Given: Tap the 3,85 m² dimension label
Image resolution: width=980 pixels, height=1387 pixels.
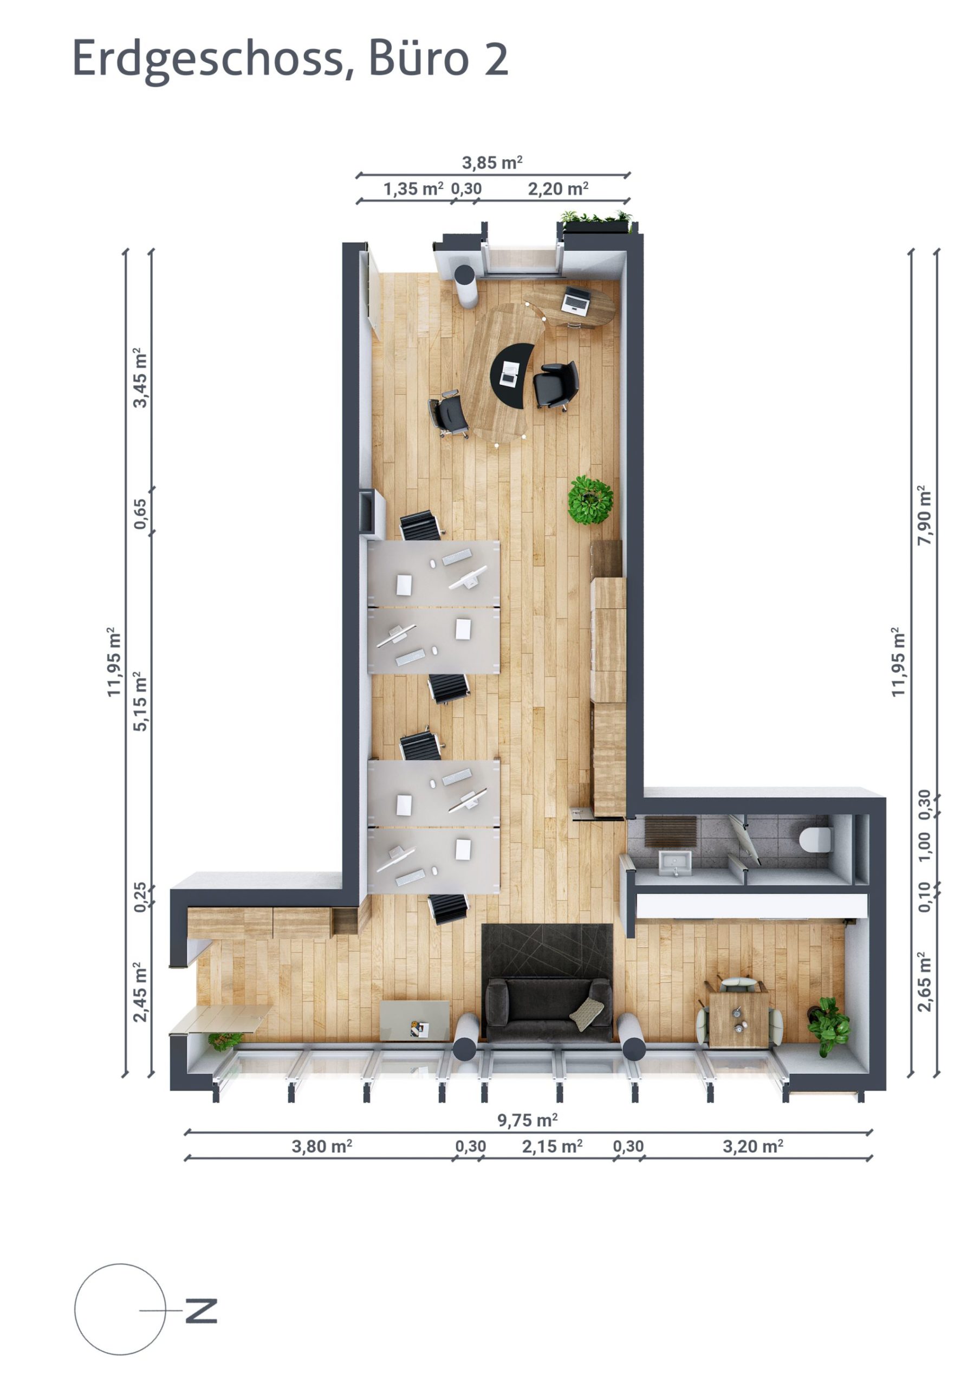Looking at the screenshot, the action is (x=492, y=163).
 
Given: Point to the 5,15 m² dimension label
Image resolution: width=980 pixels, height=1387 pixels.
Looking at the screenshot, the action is (x=140, y=701).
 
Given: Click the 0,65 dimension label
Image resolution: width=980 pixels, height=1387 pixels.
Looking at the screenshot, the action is (x=140, y=514).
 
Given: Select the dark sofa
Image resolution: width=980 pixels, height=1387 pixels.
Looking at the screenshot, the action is (x=549, y=1009).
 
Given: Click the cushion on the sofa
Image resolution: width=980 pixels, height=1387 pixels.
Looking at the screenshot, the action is (x=586, y=1014).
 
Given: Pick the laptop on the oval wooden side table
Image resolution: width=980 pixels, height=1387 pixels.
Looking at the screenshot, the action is (x=575, y=300).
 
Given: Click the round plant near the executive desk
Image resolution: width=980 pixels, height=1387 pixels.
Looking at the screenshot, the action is (x=590, y=500).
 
